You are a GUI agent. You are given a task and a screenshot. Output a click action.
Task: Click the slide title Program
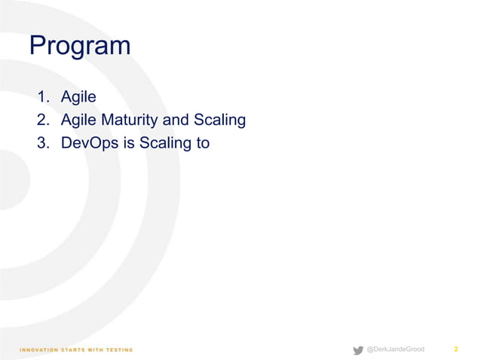[80, 47]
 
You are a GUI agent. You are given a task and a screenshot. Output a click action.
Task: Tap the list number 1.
[43, 97]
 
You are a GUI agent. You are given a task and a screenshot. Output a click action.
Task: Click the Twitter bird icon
[358, 349]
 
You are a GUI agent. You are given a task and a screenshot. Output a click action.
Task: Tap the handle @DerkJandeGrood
[395, 349]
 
